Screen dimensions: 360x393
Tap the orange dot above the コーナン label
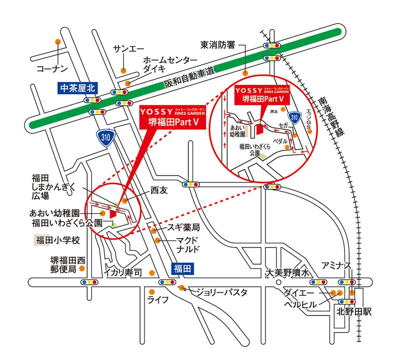pos(58,41)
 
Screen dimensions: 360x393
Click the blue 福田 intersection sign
pos(182,269)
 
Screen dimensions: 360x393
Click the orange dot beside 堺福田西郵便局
pos(82,269)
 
